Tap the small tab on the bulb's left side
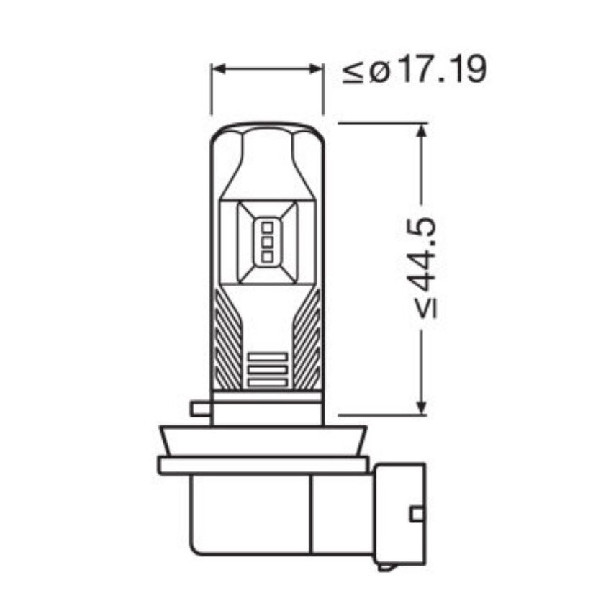point(200,409)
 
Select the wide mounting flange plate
point(263,465)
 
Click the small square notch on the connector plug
point(417,515)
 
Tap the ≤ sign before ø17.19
point(353,72)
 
